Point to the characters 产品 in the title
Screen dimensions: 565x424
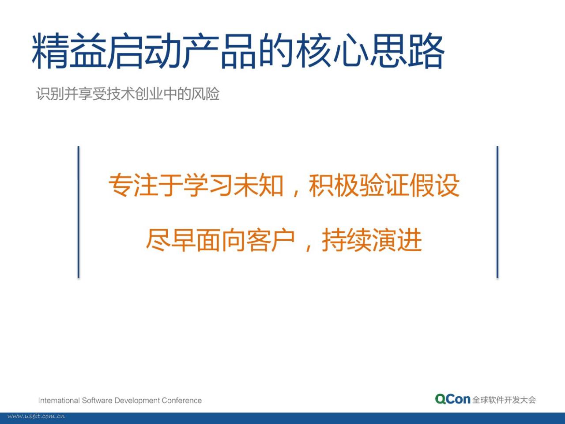[219, 51]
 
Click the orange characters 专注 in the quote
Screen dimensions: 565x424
[133, 185]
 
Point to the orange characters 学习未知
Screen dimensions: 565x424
[234, 185]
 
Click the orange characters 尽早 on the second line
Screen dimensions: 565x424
[171, 240]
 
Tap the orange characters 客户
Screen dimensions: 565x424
[271, 240]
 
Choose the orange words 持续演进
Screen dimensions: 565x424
[372, 240]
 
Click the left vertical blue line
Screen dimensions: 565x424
[79, 212]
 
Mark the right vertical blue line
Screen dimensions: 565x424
[497, 212]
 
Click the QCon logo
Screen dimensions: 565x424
[453, 399]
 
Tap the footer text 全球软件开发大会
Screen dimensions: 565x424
[504, 400]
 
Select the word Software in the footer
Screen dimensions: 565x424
[97, 401]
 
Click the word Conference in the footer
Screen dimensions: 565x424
[181, 401]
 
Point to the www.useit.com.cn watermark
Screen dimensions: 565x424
[36, 416]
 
